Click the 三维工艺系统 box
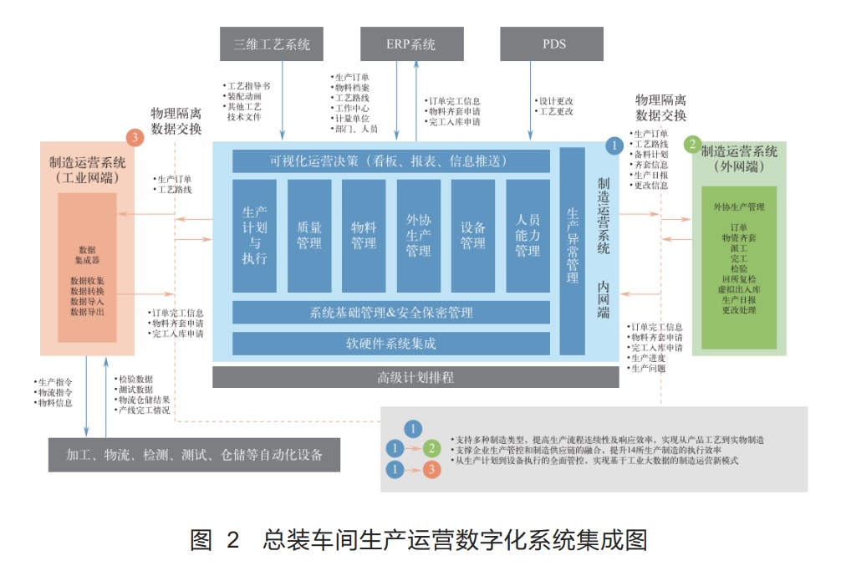(x=272, y=44)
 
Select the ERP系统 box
(x=411, y=44)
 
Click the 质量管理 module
(x=309, y=235)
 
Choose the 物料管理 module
(x=364, y=235)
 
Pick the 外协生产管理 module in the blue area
(x=418, y=235)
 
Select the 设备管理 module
(x=473, y=235)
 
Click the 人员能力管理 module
(x=528, y=235)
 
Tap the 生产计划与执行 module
(x=254, y=235)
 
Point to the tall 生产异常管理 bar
(x=573, y=251)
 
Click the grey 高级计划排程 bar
(x=415, y=378)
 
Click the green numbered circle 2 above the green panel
(x=691, y=144)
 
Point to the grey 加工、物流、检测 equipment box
(x=195, y=455)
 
